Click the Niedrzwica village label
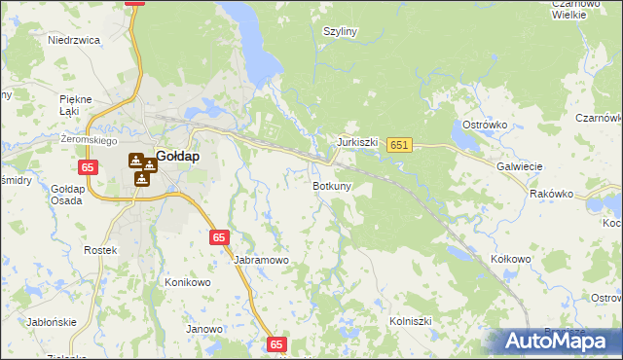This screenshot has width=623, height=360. pos(74,41)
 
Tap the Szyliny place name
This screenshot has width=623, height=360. pos(341,31)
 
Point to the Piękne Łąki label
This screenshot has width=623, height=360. pos(75,105)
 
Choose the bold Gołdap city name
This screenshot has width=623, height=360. pos(177,156)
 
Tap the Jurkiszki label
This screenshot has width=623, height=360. pos(357,142)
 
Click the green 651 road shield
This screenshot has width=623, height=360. pos(399,145)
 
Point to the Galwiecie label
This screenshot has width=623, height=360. pos(519,166)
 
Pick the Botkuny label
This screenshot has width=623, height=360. pos(331,185)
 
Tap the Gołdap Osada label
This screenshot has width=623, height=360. pos(68,194)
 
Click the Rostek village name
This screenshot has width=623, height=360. pos(100,250)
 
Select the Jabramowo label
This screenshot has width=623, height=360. pos(262,261)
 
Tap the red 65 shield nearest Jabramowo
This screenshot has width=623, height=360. pos(220,236)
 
